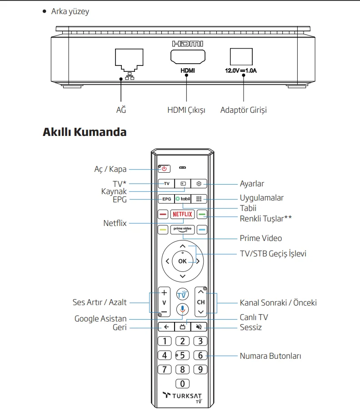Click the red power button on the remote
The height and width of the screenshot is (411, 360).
click(x=164, y=169)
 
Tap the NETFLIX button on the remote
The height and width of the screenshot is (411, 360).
click(x=182, y=214)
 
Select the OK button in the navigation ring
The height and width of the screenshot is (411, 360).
click(x=182, y=261)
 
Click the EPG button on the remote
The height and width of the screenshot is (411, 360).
click(x=166, y=199)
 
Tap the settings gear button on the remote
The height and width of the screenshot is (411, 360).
click(x=199, y=184)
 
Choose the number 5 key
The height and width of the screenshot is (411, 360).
click(x=182, y=356)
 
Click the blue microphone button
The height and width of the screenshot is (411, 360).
click(x=182, y=309)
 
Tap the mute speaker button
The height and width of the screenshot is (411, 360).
click(x=199, y=326)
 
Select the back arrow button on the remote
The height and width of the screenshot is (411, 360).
click(x=166, y=326)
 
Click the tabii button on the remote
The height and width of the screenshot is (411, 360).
click(x=182, y=199)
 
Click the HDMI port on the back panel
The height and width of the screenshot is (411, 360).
click(x=187, y=56)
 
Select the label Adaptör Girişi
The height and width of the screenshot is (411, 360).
click(x=243, y=110)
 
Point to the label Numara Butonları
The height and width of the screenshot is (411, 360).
click(x=270, y=356)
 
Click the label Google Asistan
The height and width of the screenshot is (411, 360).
click(x=100, y=319)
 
